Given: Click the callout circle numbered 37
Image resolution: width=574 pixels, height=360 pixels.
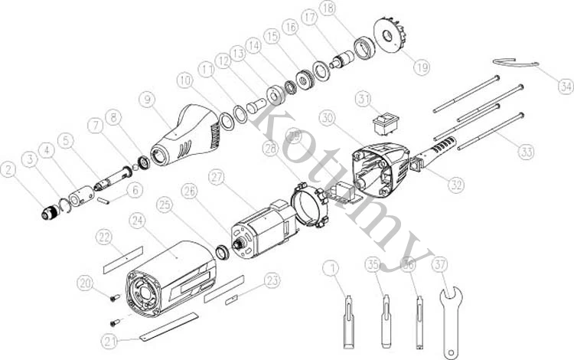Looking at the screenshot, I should click(x=439, y=267).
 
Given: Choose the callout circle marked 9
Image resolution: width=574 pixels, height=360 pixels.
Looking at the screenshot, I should click(x=148, y=99).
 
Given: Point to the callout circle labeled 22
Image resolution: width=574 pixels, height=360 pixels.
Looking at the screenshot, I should click(x=106, y=235).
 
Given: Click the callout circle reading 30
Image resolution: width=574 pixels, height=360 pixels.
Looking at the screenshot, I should click(x=328, y=118).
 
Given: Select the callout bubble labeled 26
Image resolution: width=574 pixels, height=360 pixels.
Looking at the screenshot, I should click(x=190, y=191).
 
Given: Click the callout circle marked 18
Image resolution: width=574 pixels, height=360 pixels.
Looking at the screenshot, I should click(x=328, y=9).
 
